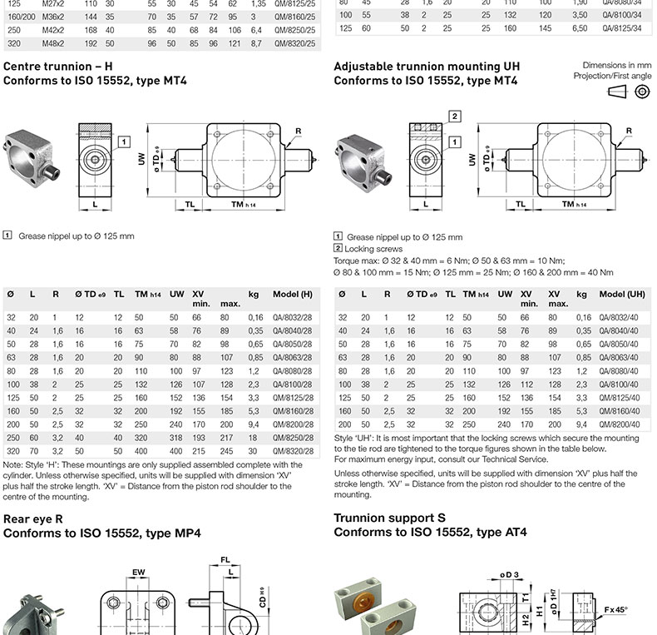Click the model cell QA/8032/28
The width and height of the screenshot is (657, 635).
click(293, 318)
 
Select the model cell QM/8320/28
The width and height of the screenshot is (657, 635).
click(293, 451)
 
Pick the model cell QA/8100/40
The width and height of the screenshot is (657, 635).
click(619, 384)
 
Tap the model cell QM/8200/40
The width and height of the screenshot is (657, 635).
click(620, 424)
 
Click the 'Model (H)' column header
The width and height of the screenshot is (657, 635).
click(293, 295)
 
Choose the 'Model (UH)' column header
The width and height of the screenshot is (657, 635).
click(622, 295)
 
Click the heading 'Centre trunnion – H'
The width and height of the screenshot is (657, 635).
click(58, 67)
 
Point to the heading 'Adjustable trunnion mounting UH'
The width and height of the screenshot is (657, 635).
click(427, 67)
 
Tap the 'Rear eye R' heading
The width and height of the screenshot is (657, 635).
click(33, 519)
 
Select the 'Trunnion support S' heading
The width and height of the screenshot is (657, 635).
click(390, 518)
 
